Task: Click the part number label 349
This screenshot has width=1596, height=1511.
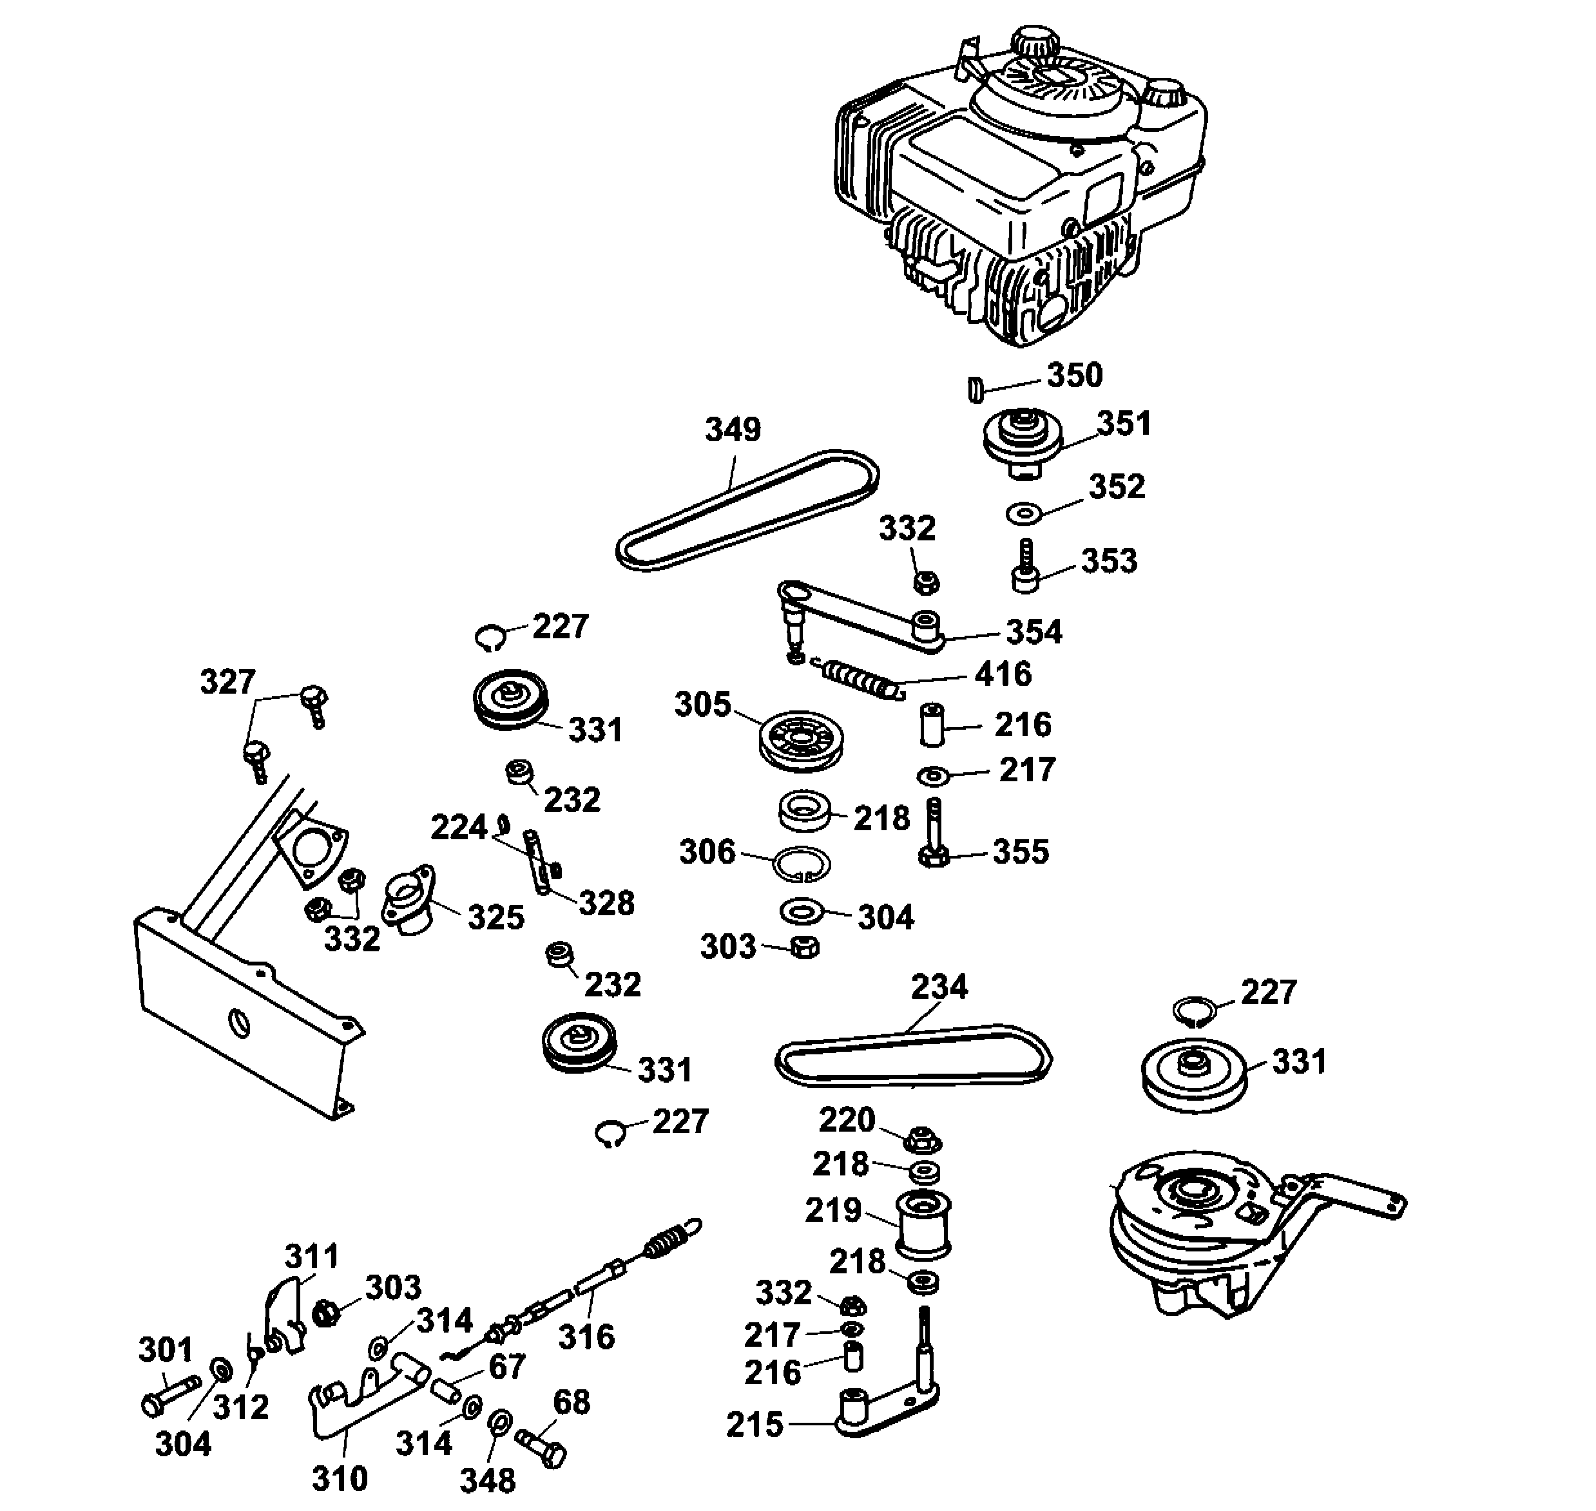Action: [733, 430]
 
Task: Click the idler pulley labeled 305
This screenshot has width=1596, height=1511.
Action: [801, 740]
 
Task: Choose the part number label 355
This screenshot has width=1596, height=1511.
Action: [1021, 851]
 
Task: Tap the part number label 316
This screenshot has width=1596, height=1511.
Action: [586, 1337]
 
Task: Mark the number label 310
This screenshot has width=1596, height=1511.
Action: [339, 1478]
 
